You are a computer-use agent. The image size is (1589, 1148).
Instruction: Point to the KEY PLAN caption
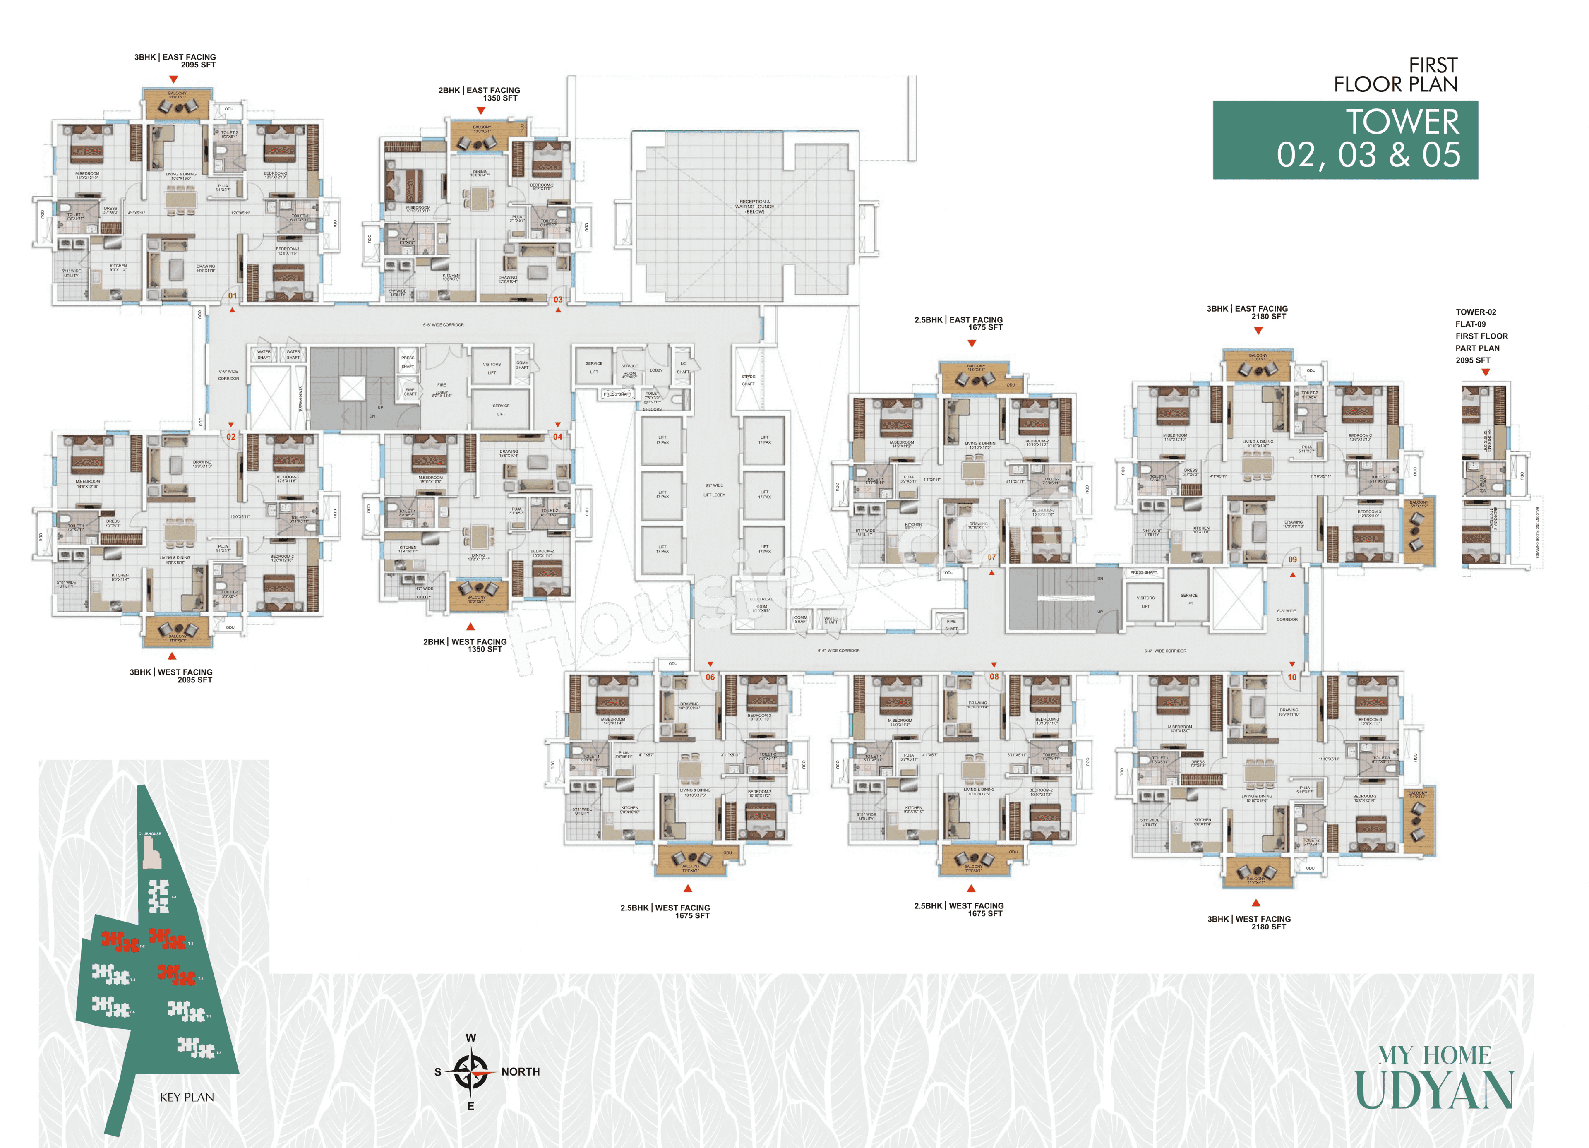click(x=187, y=1097)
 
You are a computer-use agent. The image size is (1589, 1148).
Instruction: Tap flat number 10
click(x=1292, y=677)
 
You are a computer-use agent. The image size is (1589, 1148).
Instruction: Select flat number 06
click(x=710, y=677)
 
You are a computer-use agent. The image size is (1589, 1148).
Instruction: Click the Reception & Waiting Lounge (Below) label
click(x=754, y=206)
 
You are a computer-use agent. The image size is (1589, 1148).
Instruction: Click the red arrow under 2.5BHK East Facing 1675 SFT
click(x=972, y=343)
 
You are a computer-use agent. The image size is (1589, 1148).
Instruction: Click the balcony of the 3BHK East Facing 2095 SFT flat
click(x=177, y=104)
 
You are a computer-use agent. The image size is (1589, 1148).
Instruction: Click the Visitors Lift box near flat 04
click(x=492, y=368)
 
